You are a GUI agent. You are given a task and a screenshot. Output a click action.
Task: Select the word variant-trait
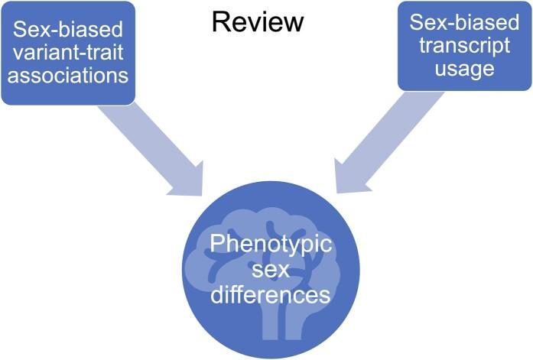pyautogui.click(x=68, y=54)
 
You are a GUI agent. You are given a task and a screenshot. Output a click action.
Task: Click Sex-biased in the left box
pyautogui.click(x=68, y=31)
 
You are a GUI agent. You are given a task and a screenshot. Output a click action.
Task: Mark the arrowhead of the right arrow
pyautogui.click(x=348, y=179)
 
